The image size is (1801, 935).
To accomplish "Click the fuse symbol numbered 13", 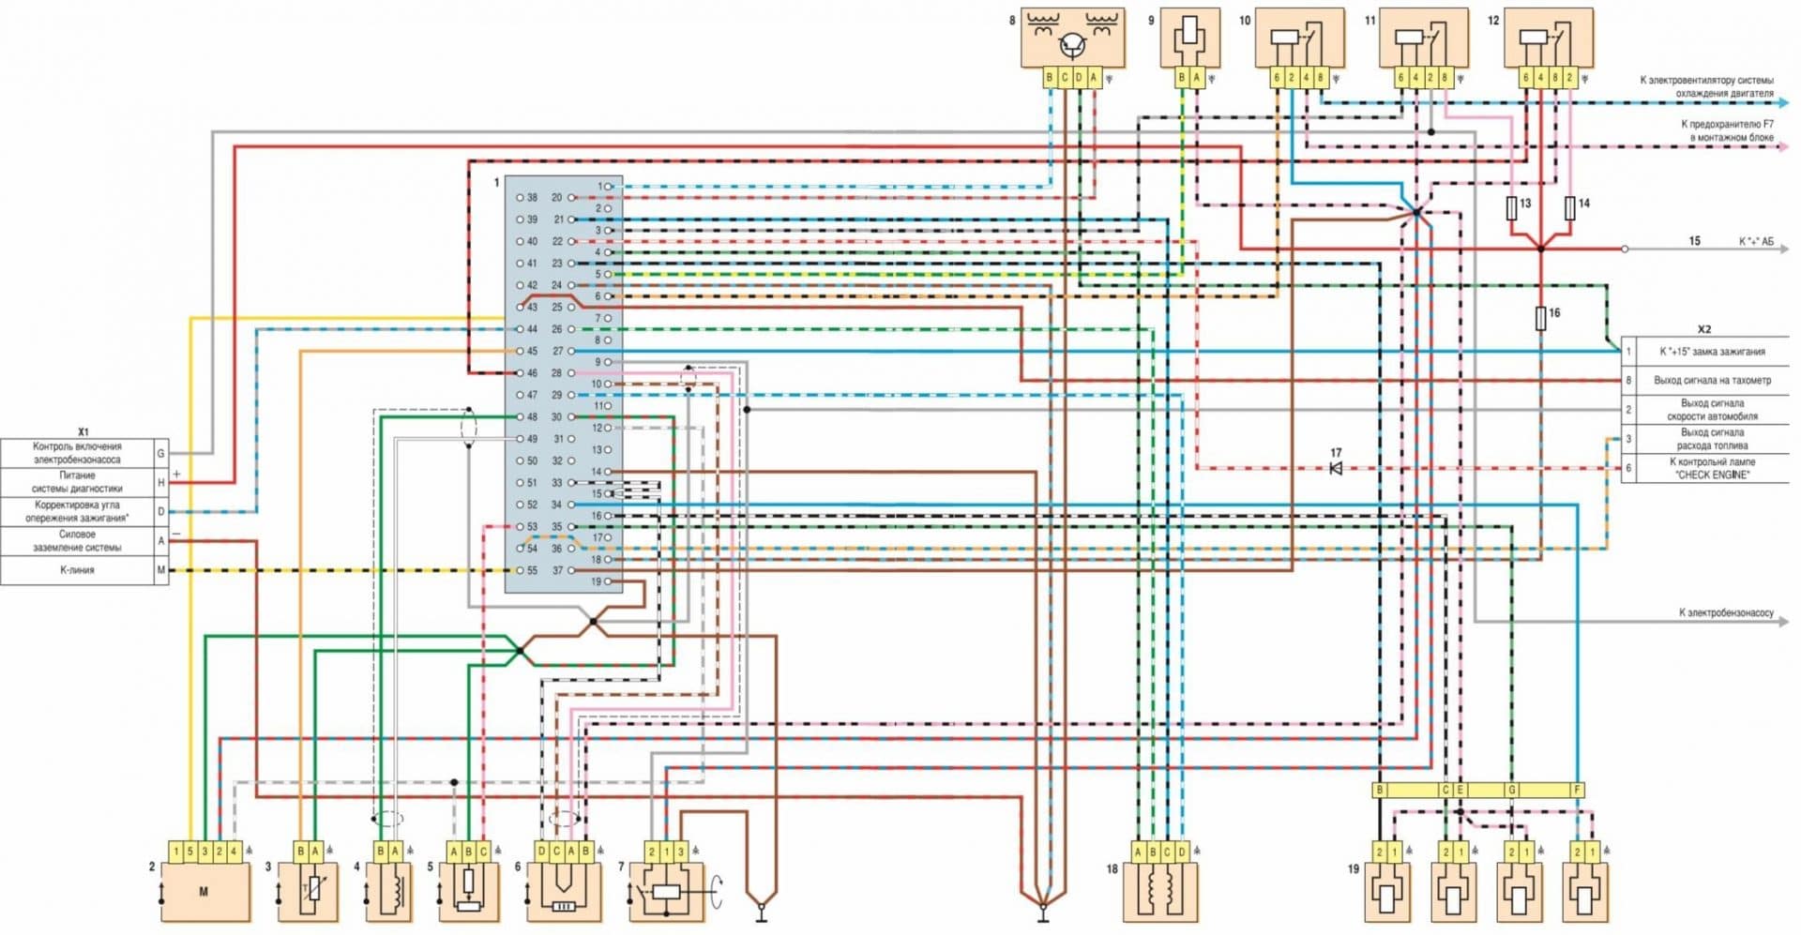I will pos(1511,208).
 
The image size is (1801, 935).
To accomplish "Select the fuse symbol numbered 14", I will pos(1570,208).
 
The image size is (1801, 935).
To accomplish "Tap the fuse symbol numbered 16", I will pos(1540,319).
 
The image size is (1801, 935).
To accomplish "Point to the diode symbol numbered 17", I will pos(1336,467).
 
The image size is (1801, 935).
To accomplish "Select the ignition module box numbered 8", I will pos(1072,38).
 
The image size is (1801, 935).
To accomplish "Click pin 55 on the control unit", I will pos(521,570).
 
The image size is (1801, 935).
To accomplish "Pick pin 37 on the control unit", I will pos(570,570).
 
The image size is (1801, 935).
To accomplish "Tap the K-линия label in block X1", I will pos(77,570).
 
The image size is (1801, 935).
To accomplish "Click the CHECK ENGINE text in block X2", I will pos(1712,475).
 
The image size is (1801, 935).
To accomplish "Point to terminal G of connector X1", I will pos(160,453).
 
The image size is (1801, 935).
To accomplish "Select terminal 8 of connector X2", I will pos(1628,381).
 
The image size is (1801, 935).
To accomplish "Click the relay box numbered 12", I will pos(1548,38).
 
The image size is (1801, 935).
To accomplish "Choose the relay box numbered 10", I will pos(1299,38).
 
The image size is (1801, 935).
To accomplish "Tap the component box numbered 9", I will pos(1189,38).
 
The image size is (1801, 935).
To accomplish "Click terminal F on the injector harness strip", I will pos(1578,791).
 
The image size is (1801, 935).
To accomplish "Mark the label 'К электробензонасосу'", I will pos(1726,612).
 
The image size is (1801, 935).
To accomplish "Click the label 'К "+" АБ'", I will pos(1756,242).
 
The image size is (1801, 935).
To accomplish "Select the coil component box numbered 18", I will pos(1160,891).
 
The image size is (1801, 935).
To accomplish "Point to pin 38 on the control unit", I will pos(521,198).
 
